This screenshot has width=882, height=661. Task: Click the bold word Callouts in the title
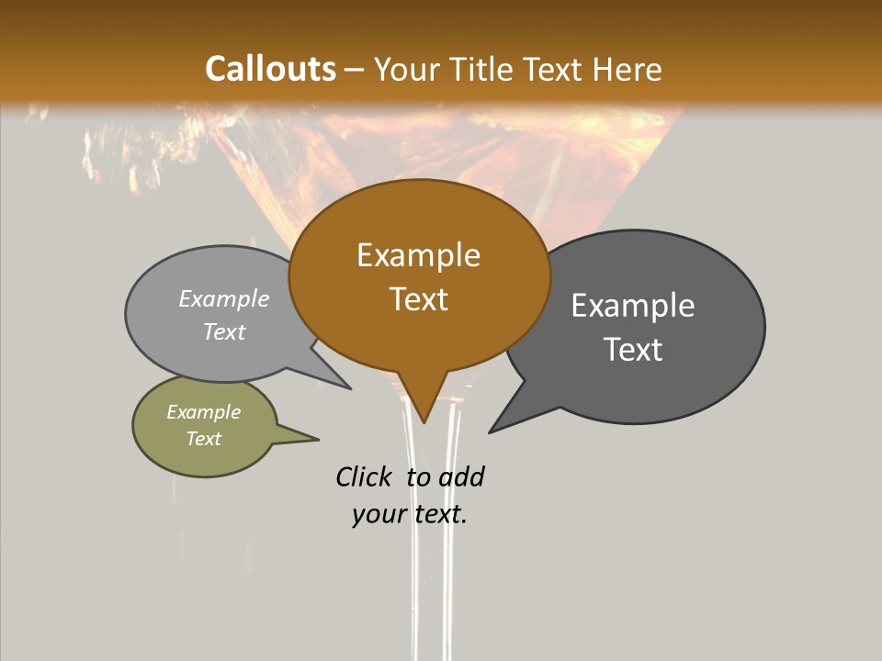270,69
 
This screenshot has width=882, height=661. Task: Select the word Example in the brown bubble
418,255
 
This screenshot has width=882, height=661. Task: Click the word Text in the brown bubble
419,299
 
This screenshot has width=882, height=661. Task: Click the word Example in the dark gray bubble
633,306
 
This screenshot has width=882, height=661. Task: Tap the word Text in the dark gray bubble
634,350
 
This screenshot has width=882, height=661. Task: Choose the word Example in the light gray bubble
224,299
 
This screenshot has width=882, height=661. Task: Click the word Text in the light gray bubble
224,332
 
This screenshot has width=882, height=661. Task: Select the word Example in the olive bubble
204,412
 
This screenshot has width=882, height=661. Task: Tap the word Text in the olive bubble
204,439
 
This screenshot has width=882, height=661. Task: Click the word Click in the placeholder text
365,476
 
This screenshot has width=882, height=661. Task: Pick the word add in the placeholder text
461,476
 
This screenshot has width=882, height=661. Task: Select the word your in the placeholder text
379,514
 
